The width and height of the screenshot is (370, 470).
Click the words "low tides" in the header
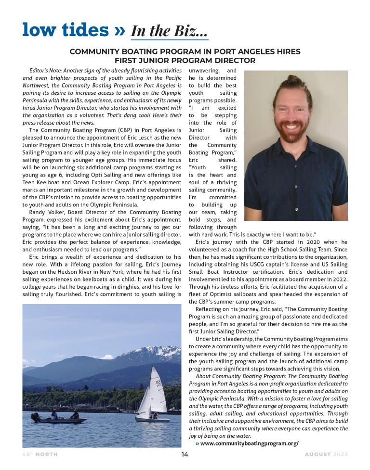point(65,30)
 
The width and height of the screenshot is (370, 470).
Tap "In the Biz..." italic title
point(170,31)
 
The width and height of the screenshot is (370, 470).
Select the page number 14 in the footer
point(185,454)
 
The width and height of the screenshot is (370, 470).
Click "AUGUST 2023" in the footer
point(326,454)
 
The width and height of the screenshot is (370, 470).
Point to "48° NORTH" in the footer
point(41,454)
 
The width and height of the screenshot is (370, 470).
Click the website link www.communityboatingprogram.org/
point(249,443)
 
